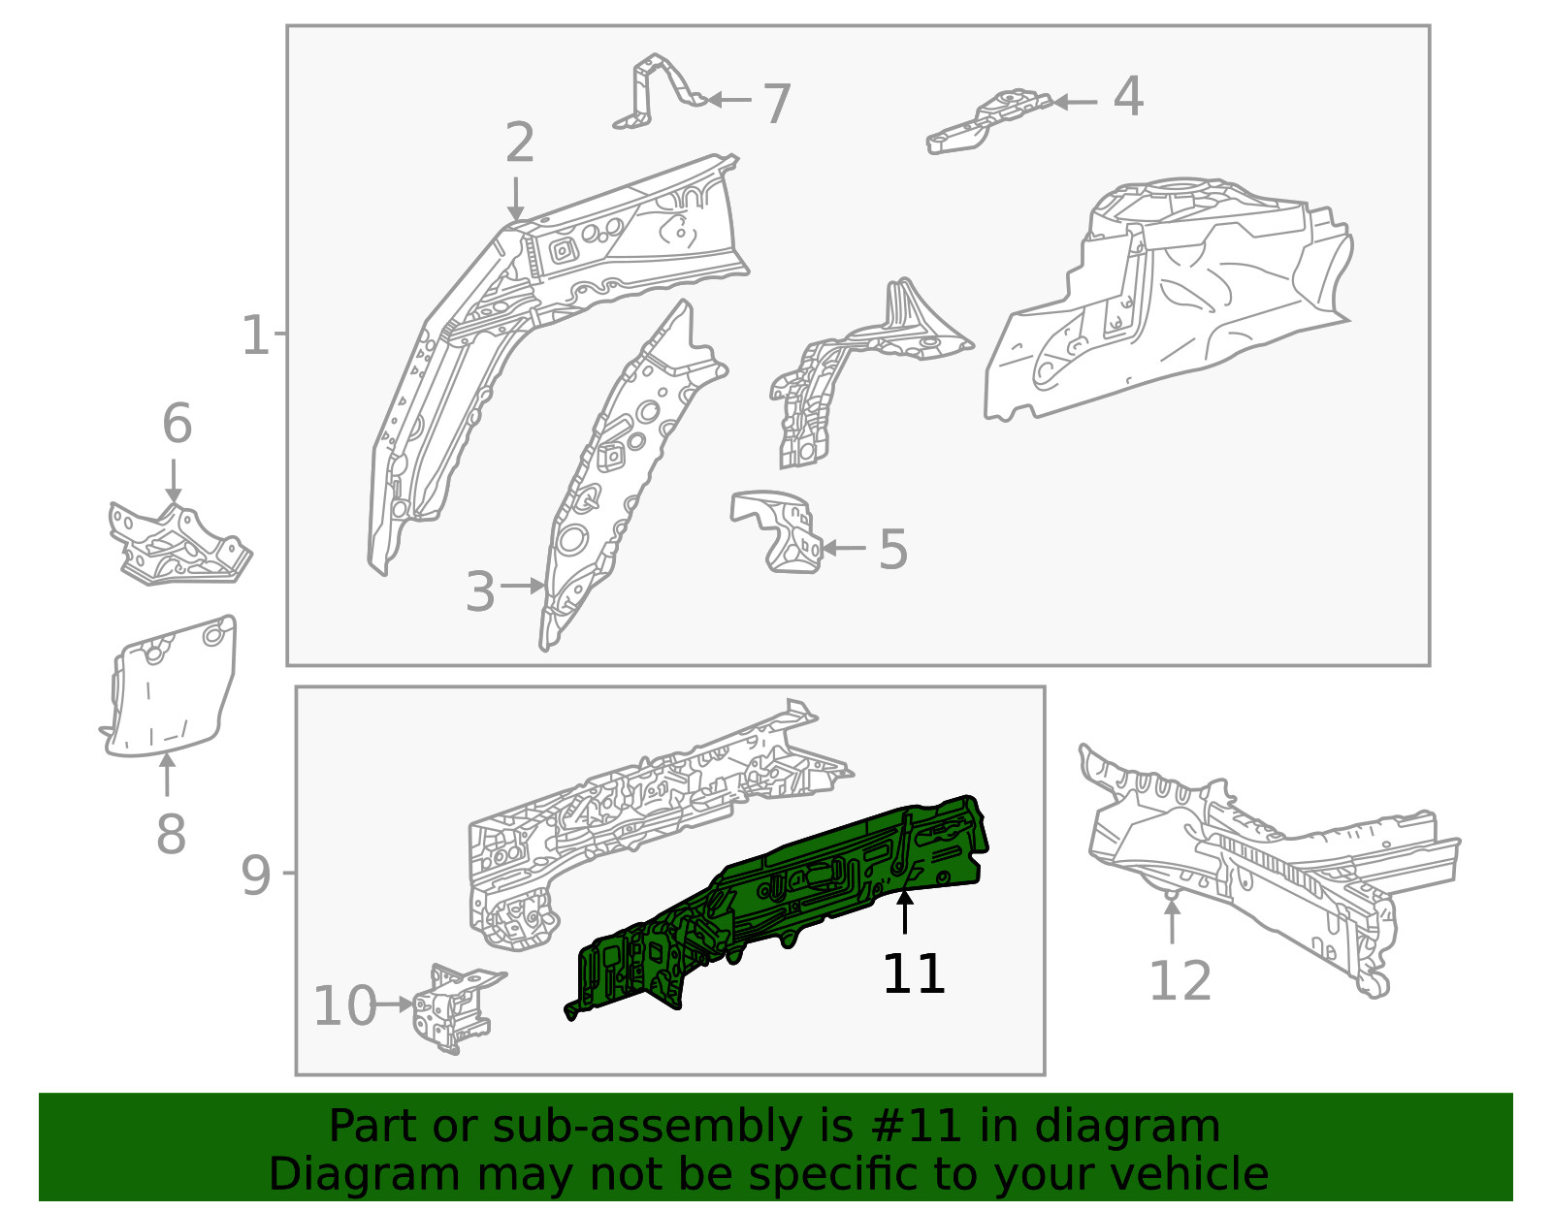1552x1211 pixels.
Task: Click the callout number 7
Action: coord(777,104)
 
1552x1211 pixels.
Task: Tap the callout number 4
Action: coord(1128,97)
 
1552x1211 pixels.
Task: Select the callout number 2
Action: coord(520,143)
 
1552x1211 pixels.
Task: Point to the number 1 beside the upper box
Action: coord(254,335)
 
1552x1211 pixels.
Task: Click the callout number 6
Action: coord(177,424)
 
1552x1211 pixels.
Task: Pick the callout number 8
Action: coord(171,835)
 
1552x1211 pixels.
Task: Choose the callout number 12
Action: coord(1180,981)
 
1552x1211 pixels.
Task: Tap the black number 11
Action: coord(913,973)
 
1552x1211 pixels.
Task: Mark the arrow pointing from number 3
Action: coord(524,586)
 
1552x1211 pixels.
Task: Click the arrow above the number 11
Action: coord(905,913)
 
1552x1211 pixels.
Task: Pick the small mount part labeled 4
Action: coord(989,121)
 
